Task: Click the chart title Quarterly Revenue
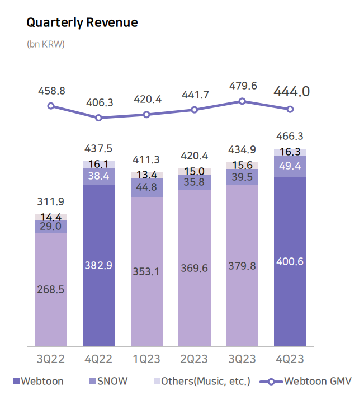click(82, 23)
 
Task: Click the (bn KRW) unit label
click(46, 44)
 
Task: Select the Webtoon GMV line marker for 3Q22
click(51, 106)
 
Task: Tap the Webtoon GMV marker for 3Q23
click(242, 101)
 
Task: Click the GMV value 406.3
click(99, 102)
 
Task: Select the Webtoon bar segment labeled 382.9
click(99, 265)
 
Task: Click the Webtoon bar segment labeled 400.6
click(290, 261)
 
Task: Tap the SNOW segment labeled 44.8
click(146, 187)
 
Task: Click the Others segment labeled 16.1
click(99, 164)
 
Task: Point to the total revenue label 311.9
click(51, 201)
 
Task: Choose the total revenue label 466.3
click(290, 136)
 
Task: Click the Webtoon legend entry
click(38, 382)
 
